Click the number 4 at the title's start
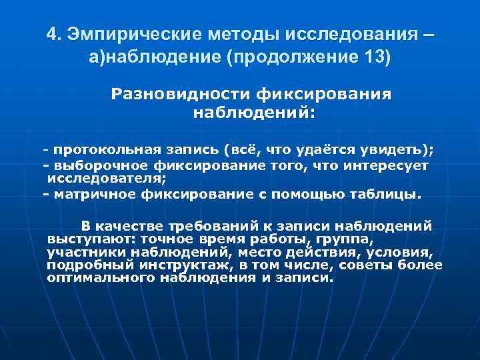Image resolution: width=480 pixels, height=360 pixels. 52,33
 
